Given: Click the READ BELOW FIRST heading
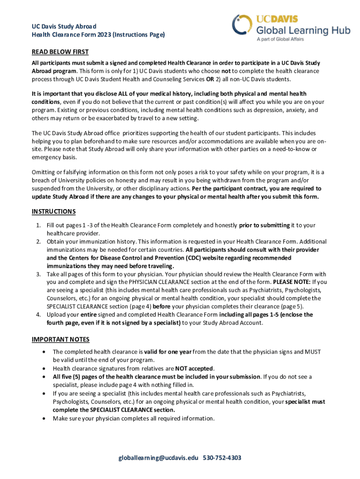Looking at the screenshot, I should [60, 52].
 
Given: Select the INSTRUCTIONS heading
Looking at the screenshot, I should [54, 211].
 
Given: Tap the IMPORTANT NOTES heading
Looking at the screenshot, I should [61, 339].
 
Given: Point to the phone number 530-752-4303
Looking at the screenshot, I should [222, 457].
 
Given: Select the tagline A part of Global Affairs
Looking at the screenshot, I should [280, 39].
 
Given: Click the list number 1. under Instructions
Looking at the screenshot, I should [39, 225].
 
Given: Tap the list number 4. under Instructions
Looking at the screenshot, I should [39, 315].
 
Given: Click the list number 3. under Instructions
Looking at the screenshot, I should [39, 274].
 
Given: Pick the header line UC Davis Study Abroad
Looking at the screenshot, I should [64, 26].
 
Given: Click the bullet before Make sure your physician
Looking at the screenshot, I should [44, 419].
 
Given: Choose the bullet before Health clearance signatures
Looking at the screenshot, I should [44, 368].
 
